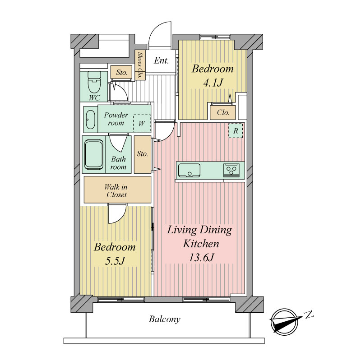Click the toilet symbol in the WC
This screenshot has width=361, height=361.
point(94,82)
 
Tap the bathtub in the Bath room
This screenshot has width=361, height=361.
point(94,154)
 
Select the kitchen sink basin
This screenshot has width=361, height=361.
point(189,170)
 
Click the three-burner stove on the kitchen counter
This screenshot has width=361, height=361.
point(231,170)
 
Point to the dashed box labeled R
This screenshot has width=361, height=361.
point(236,131)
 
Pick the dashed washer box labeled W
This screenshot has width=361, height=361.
point(142,123)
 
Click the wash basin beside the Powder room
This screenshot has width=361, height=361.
point(91,119)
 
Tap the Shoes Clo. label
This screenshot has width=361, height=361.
point(140,65)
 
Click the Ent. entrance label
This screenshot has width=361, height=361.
point(161,60)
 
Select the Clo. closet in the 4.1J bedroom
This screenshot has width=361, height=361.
point(223,112)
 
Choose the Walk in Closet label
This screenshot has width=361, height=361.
point(116,190)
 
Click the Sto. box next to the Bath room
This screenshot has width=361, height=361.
point(143,154)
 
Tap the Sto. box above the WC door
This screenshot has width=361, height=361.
point(121,72)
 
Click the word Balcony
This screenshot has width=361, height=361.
point(164,319)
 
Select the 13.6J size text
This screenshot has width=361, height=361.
point(201,257)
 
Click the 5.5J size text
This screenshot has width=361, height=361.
point(115,261)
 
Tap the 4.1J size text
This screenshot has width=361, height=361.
point(213,83)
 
